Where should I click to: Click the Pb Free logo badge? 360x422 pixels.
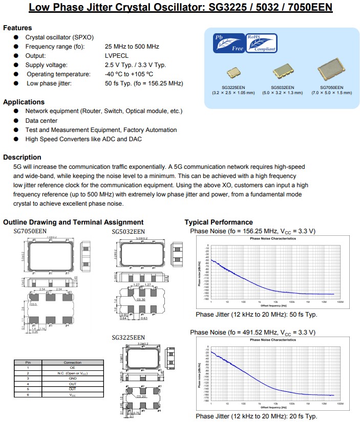pos(229,43)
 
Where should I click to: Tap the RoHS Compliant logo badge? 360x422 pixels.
pos(262,43)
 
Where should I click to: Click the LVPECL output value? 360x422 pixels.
pos(117,56)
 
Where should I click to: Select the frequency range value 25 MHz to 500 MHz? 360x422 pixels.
pos(132,47)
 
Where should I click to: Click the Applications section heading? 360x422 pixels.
pos(24,102)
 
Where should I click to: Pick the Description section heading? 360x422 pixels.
pos(22,157)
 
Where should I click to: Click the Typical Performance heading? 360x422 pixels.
pos(219,222)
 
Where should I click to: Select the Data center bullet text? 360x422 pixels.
pos(41,121)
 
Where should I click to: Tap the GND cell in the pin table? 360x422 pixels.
pos(73,379)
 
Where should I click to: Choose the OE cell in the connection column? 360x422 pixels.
pos(73,367)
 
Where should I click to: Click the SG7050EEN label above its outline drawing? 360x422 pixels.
pos(30,232)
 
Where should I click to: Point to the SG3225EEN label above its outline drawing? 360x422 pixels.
pos(128,338)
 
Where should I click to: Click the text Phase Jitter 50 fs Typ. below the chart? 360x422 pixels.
pos(257,315)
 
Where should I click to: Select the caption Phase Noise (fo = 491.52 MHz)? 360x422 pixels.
pos(253,332)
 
